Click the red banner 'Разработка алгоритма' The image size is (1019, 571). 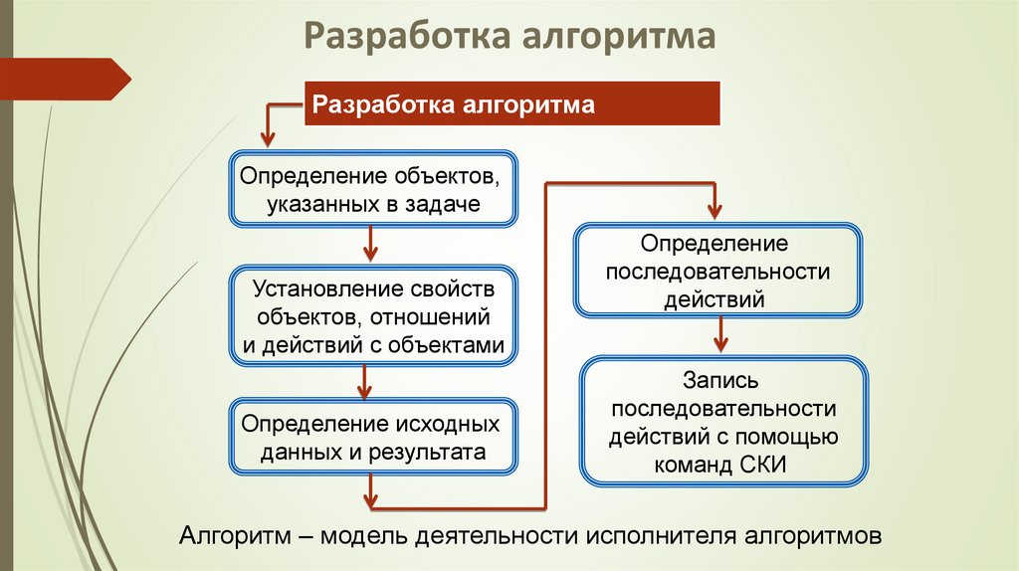[510, 104]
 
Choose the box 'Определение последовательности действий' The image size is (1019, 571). [717, 270]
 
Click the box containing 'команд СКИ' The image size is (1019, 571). [723, 422]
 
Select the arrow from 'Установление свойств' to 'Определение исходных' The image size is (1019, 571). [365, 379]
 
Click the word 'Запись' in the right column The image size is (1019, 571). [722, 381]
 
